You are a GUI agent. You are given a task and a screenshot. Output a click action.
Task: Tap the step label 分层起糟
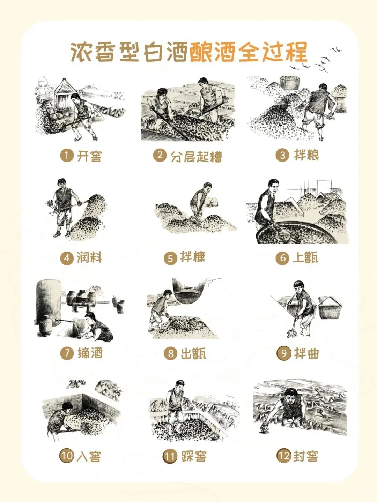pos(196,156)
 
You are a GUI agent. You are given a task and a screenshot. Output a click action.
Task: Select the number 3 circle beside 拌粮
pos(282,155)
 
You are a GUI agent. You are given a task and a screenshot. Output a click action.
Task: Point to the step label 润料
pos(89,258)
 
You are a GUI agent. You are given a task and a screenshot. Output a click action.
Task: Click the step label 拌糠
pos(192,257)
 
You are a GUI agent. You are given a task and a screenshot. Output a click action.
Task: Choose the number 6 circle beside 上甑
pos(282,258)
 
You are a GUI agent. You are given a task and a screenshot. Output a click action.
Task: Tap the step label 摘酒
pos(90,353)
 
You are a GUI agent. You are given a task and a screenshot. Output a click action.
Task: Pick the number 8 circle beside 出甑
pos(171,353)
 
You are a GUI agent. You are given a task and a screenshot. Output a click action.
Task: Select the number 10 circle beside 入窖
pos(66,456)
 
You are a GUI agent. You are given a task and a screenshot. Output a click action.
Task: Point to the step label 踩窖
pos(193,456)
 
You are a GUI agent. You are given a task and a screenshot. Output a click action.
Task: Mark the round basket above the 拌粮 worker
pos(290,82)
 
